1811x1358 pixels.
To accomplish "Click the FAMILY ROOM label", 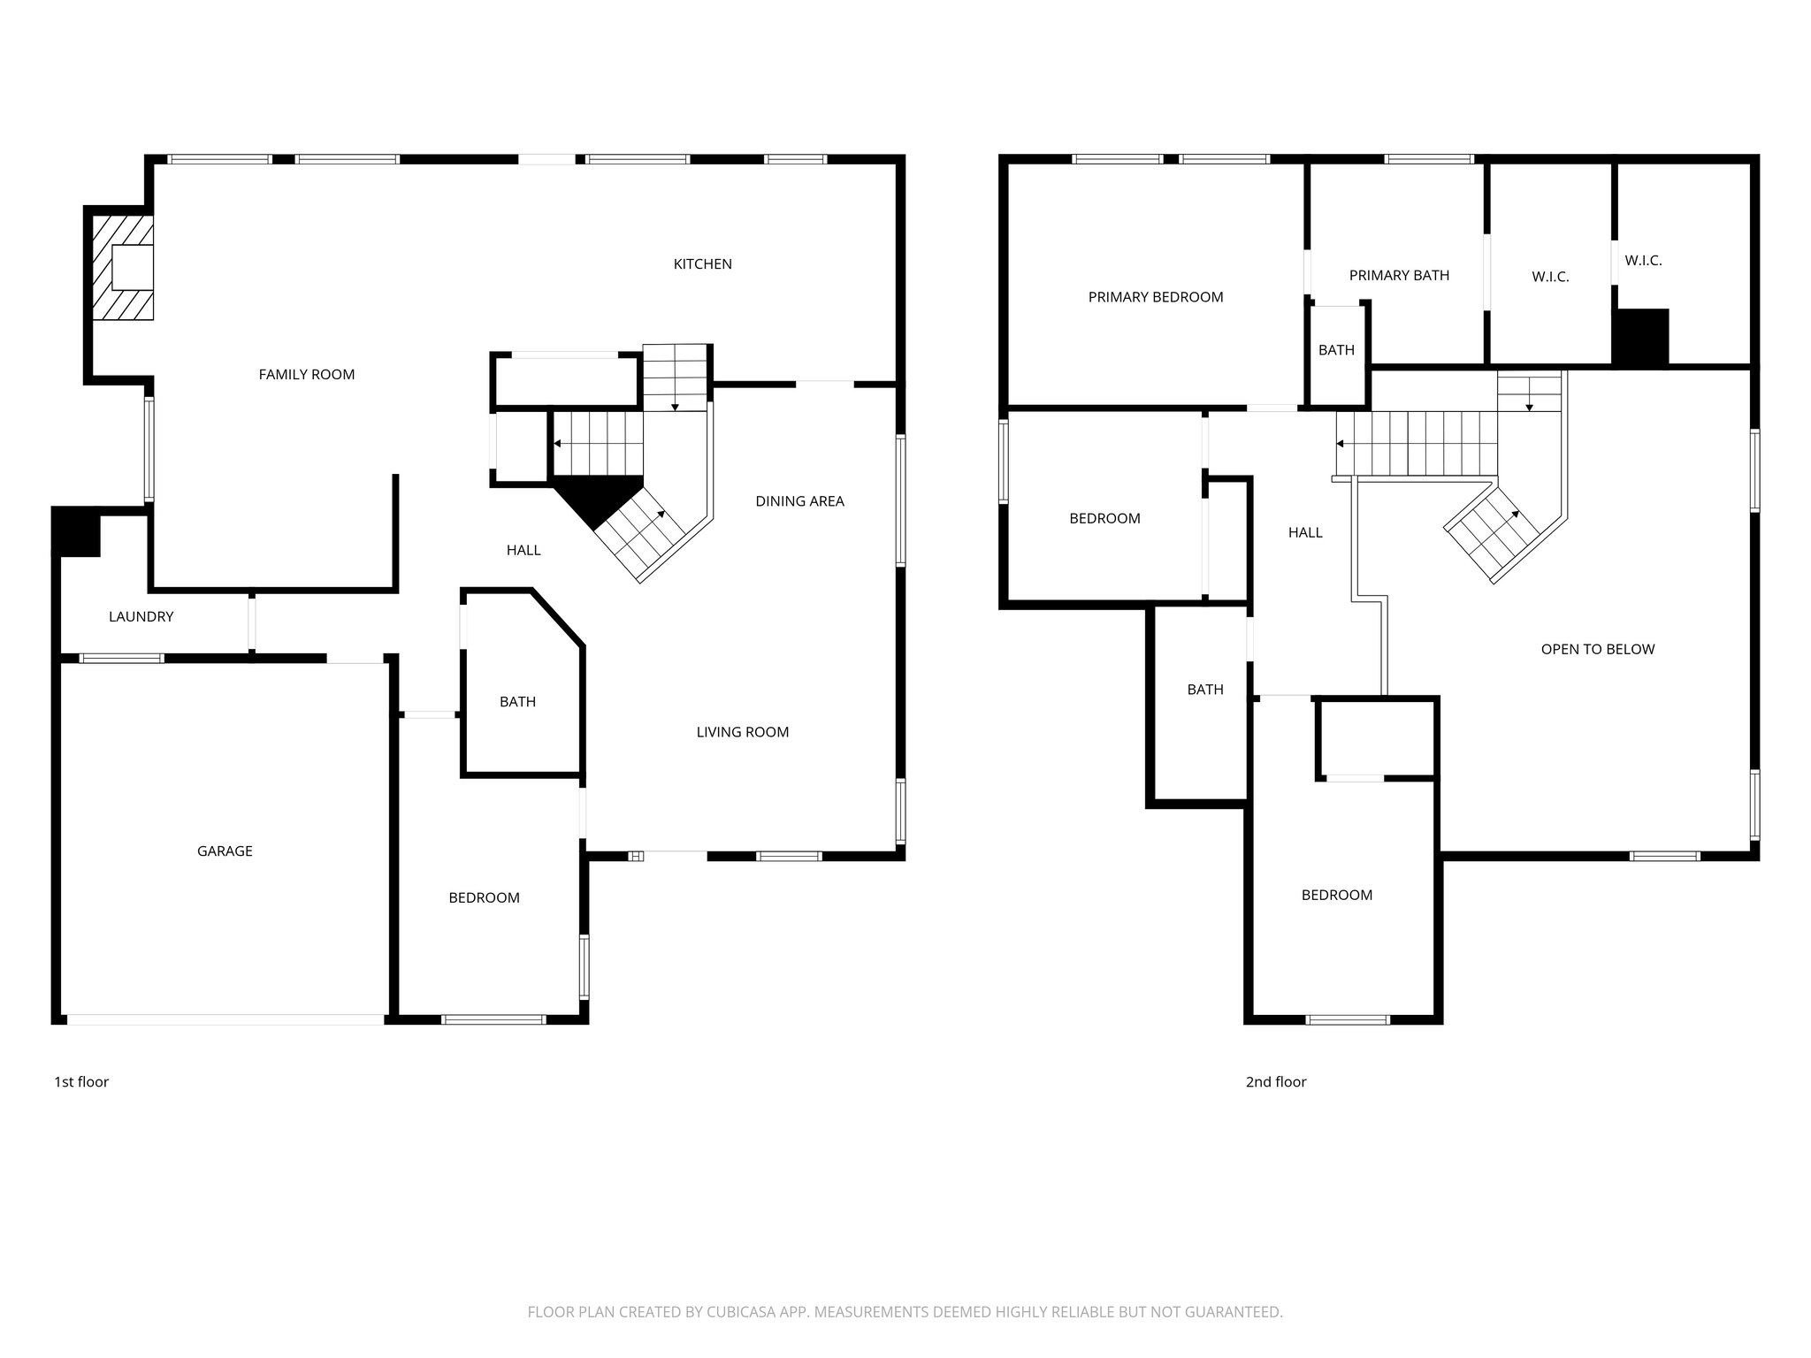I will tap(306, 375).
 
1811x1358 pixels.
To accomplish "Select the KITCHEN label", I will tap(702, 264).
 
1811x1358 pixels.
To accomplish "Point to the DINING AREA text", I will tap(799, 501).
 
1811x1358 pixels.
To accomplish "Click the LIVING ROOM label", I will tap(742, 732).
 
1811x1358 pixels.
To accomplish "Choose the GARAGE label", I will tap(225, 851).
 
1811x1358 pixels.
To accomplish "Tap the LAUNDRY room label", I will tap(141, 617).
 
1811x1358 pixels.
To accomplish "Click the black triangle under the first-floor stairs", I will tap(596, 499).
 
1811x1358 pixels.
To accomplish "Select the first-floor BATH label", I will tap(517, 702).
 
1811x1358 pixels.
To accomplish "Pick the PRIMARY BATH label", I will tap(1399, 276).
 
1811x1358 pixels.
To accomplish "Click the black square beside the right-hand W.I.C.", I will tap(1640, 337).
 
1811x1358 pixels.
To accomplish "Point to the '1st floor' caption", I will tap(81, 1082).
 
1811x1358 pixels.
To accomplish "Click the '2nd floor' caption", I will tap(1275, 1082).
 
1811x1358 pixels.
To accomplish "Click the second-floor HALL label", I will tap(1304, 532).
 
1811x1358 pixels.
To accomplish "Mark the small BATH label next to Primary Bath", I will tap(1335, 350).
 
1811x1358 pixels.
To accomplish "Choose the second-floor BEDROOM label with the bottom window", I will tap(1336, 896).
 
